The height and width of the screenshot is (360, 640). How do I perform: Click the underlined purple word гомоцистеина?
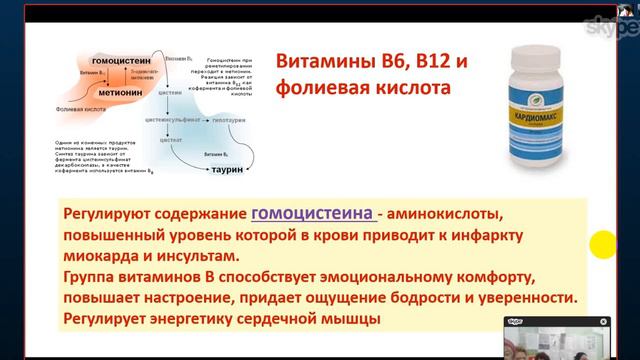pos(314,213)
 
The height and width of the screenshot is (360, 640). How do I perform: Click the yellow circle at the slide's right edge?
pos(602,244)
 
